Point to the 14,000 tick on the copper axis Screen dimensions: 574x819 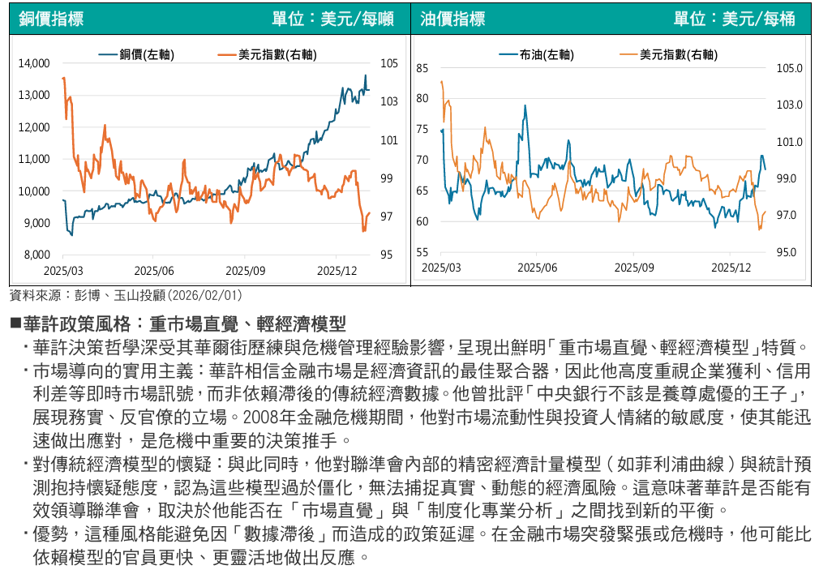[33, 63]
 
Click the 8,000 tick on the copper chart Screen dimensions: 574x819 [36, 255]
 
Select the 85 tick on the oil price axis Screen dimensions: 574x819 [422, 69]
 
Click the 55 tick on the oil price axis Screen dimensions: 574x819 [422, 253]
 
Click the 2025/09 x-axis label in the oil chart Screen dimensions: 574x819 [635, 267]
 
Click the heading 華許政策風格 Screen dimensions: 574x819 [76, 325]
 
